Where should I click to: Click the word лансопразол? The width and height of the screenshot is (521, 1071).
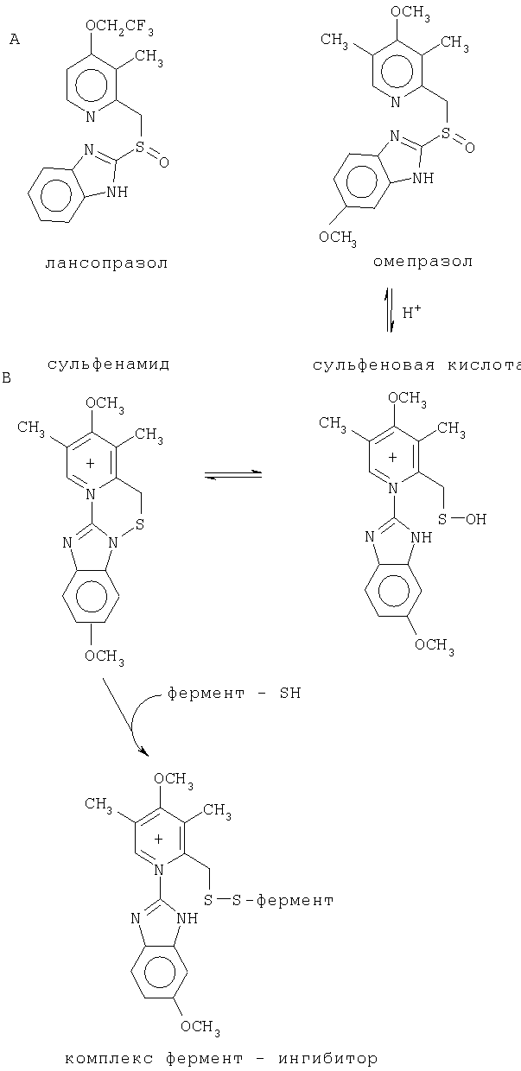click(x=106, y=263)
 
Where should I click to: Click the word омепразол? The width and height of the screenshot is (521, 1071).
click(x=423, y=262)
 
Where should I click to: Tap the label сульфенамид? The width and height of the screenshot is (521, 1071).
click(x=109, y=364)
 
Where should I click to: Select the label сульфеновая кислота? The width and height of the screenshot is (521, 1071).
click(x=416, y=365)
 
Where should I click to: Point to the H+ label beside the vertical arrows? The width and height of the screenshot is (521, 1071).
click(x=412, y=313)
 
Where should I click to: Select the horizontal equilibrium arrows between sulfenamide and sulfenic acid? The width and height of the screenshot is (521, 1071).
click(x=233, y=475)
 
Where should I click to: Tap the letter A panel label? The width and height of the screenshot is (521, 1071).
click(x=15, y=40)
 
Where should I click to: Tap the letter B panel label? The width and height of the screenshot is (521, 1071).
click(x=7, y=378)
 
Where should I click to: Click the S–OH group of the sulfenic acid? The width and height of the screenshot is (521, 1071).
click(x=462, y=519)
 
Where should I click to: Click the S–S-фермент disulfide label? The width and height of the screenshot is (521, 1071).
click(x=269, y=900)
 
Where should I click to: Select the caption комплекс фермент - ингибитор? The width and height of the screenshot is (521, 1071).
click(x=221, y=1059)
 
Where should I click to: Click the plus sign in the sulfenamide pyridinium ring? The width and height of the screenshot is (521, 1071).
click(x=91, y=463)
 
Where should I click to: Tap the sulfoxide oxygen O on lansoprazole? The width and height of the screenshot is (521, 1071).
click(x=164, y=162)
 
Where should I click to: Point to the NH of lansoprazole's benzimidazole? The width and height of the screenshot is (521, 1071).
click(x=118, y=192)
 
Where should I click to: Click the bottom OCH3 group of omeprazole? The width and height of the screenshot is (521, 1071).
click(x=338, y=238)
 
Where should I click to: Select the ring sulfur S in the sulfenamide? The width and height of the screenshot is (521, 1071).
click(x=140, y=524)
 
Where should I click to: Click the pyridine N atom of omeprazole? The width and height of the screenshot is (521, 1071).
click(x=395, y=102)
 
